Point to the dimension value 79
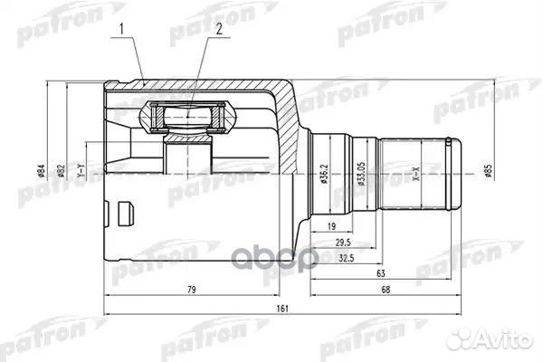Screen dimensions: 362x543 (x=192, y=290)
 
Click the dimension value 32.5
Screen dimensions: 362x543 (x=345, y=256)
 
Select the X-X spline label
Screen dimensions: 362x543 (x=416, y=176)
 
